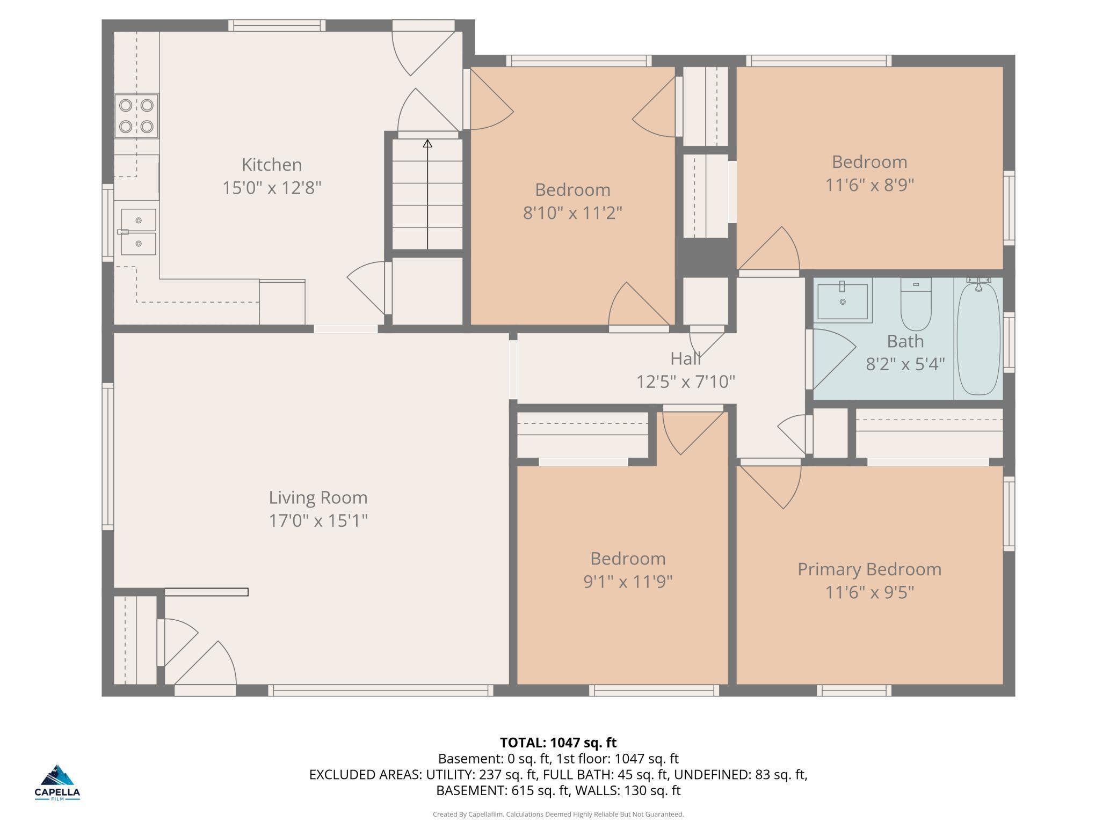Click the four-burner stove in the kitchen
click(x=136, y=116)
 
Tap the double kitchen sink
click(x=138, y=232)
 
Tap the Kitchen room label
click(x=271, y=164)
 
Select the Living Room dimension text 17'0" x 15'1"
click(x=318, y=520)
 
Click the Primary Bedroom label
click(x=869, y=569)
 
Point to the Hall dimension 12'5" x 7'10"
click(x=685, y=381)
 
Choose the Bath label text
click(x=905, y=341)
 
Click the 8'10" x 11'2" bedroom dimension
click(x=572, y=213)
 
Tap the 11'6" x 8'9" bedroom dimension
click(x=869, y=185)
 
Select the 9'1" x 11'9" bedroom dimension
click(x=627, y=582)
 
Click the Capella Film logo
click(x=57, y=782)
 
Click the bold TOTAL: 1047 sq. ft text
click(x=558, y=743)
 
